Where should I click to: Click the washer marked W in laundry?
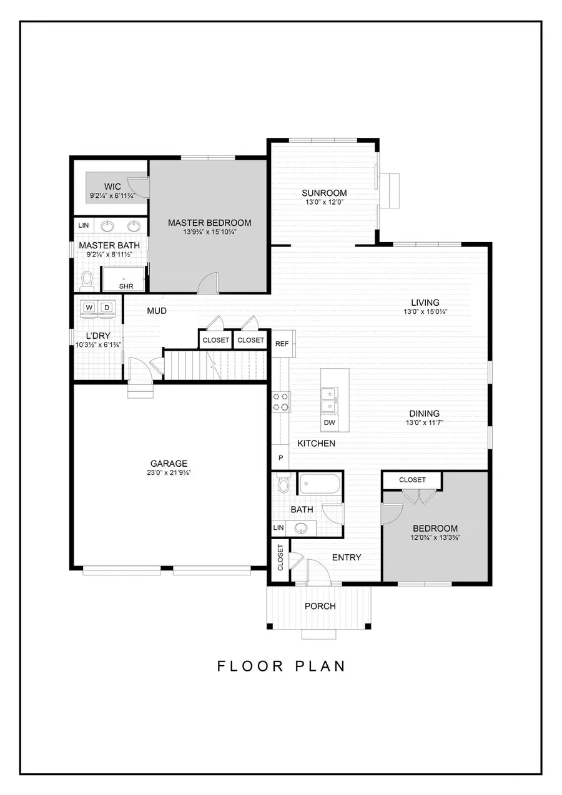pos(89,307)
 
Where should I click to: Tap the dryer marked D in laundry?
pos(107,307)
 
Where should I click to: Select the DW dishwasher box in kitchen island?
pos(329,423)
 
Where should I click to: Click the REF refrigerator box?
pos(282,343)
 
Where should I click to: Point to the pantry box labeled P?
pos(280,457)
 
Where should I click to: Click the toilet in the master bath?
pos(87,280)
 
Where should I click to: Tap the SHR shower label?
pos(126,286)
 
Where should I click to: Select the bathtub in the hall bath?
pos(320,484)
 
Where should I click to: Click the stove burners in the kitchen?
pos(280,401)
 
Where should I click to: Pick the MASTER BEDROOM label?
pos(209,223)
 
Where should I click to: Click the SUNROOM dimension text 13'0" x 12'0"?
pos(324,202)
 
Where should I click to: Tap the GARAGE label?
pos(169,463)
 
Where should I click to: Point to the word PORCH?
pos(320,606)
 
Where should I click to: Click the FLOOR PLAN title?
pos(281,666)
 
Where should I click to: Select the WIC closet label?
pos(112,187)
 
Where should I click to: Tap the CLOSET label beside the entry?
pos(280,557)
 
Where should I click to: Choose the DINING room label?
pos(424,413)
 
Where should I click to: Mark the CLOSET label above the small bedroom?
pos(412,480)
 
